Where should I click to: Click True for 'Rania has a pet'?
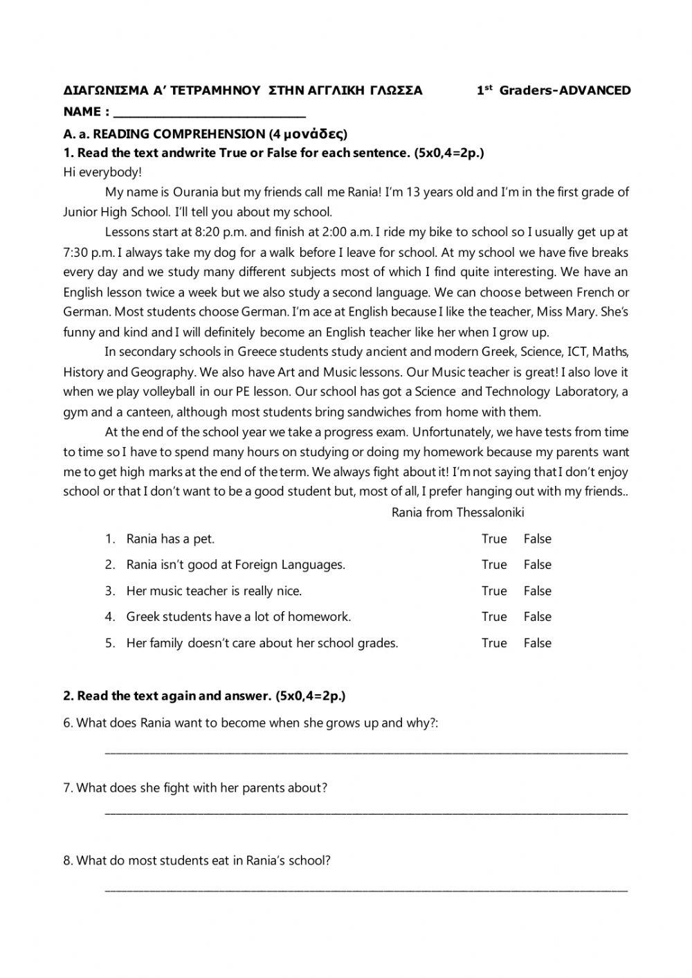click(494, 538)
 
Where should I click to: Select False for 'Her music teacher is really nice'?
click(537, 590)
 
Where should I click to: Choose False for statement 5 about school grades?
click(537, 642)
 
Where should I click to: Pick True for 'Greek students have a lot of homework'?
click(494, 616)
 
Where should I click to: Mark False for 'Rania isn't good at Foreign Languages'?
click(537, 564)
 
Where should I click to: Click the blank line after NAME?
click(208, 112)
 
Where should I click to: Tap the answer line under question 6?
click(365, 750)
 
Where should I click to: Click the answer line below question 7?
click(365, 811)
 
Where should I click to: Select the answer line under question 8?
click(365, 888)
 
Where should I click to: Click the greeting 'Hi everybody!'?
click(102, 172)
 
